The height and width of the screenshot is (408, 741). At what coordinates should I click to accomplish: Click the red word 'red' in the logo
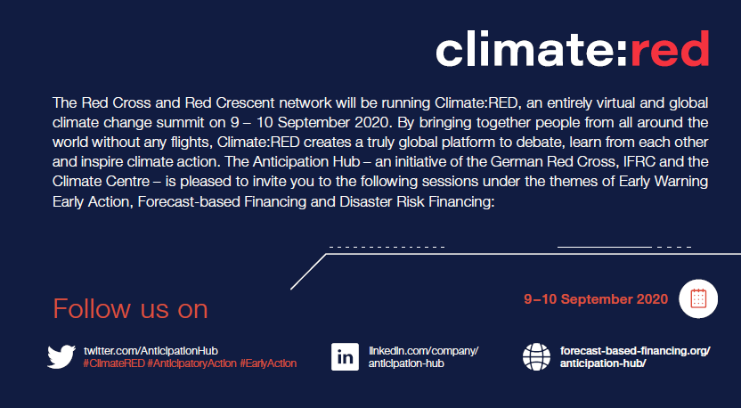(670, 48)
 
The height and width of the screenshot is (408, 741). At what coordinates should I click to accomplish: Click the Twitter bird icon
(61, 356)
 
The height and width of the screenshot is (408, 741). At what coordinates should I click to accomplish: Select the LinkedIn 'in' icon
(345, 357)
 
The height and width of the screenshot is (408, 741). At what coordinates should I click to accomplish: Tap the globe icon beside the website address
(536, 357)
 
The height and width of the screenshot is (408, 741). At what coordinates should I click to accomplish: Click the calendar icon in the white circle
(698, 298)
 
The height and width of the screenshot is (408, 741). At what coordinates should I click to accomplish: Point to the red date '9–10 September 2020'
(596, 299)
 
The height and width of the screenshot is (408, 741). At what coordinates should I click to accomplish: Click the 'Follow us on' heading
(130, 309)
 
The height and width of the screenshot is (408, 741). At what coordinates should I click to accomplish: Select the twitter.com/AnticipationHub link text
(151, 351)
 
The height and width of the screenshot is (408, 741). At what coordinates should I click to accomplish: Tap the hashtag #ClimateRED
(114, 363)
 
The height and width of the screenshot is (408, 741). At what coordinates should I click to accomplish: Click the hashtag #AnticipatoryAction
(191, 363)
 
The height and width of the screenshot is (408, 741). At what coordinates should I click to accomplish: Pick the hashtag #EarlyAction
(268, 363)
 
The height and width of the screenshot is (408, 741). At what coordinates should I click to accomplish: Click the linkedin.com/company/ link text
(423, 351)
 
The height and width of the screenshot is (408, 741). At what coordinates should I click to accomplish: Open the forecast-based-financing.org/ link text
(635, 351)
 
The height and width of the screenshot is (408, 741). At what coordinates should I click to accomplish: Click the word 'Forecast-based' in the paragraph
(189, 202)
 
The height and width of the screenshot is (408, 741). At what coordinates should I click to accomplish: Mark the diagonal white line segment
(308, 272)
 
